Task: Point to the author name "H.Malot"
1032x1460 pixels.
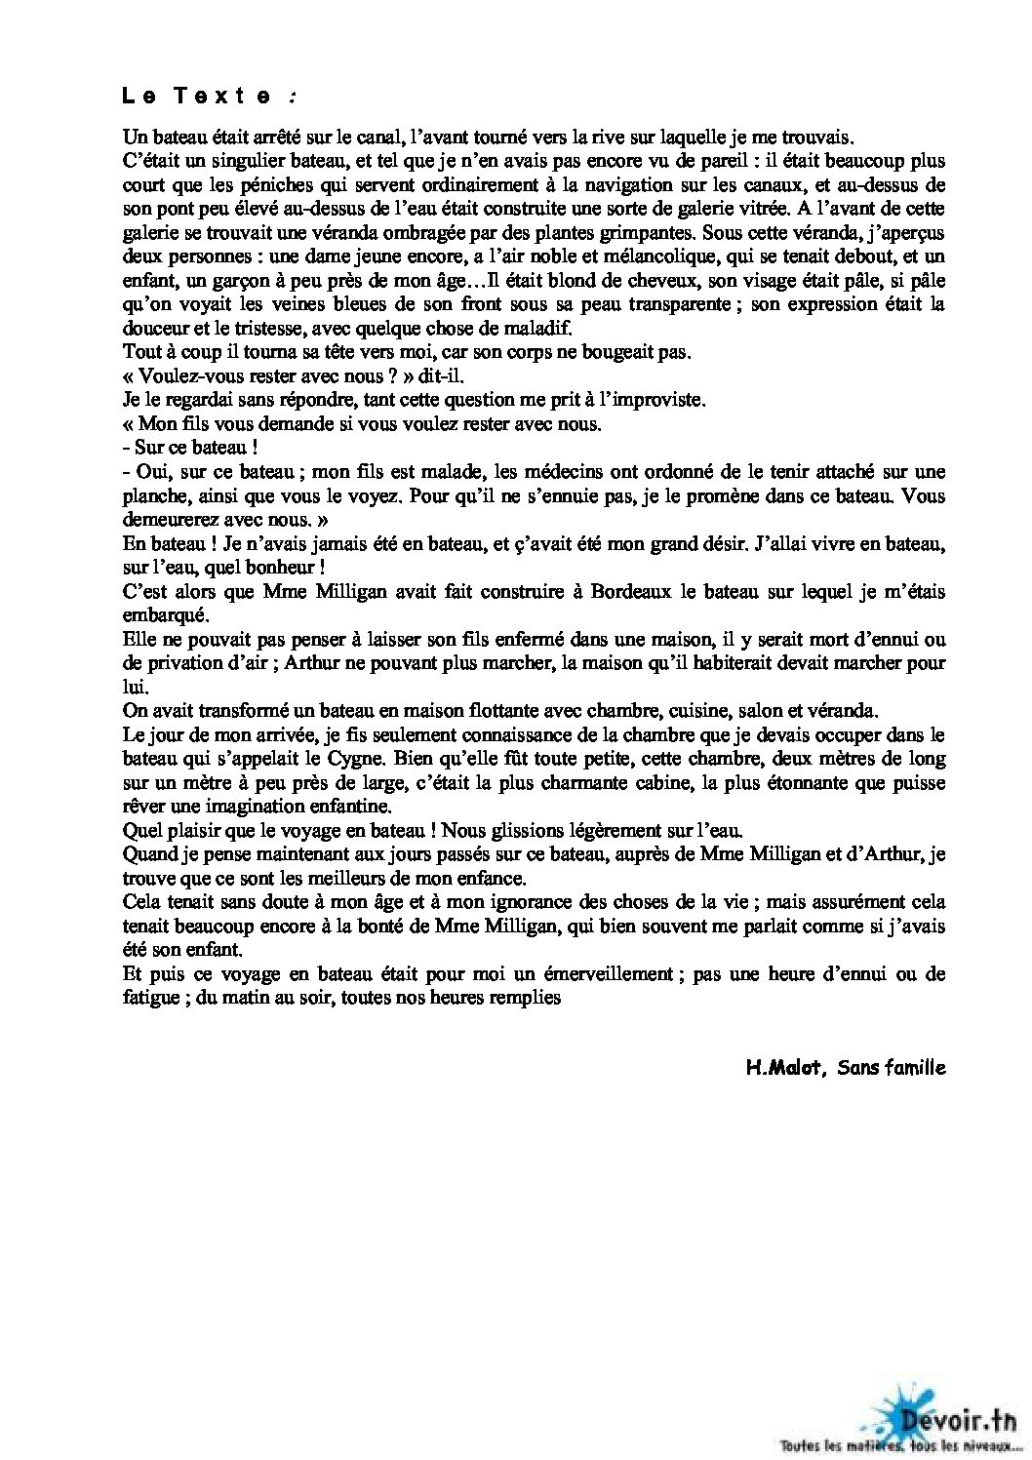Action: [777, 1067]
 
